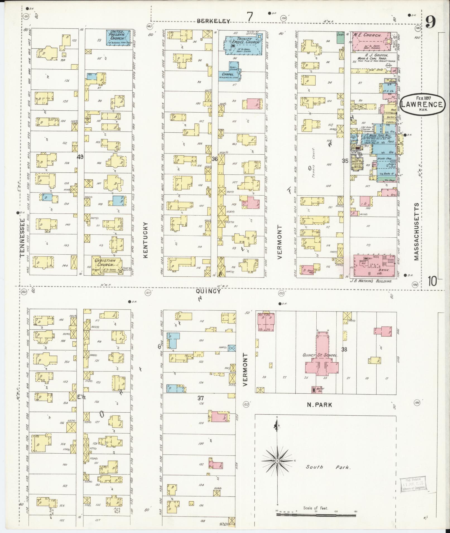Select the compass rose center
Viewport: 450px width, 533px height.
[277, 461]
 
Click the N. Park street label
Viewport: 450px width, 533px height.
[319, 405]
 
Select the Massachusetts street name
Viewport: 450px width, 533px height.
[417, 231]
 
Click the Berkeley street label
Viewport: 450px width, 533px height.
[214, 21]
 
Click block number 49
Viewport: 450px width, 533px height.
[80, 157]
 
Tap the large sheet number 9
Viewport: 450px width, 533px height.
[431, 23]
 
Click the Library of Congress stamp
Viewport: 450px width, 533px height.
[413, 485]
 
